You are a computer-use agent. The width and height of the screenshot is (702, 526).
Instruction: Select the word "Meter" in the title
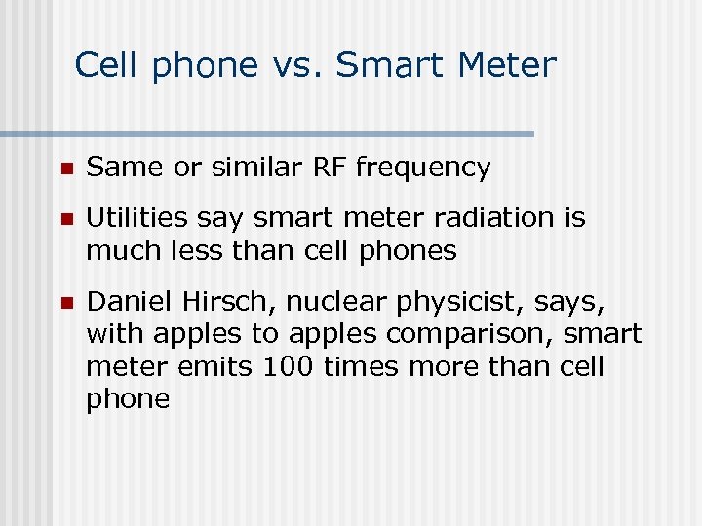click(x=506, y=65)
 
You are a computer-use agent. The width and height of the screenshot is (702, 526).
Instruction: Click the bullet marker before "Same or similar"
click(x=64, y=169)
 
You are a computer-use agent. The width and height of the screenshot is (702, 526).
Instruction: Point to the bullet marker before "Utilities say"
click(x=64, y=219)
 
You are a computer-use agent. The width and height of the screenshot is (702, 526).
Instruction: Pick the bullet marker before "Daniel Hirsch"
click(x=64, y=303)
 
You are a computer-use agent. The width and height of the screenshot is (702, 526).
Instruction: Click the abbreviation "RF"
click(x=330, y=168)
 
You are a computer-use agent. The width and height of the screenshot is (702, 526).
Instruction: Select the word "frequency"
click(x=423, y=169)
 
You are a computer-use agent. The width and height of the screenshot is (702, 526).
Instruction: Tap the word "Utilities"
click(x=136, y=217)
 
